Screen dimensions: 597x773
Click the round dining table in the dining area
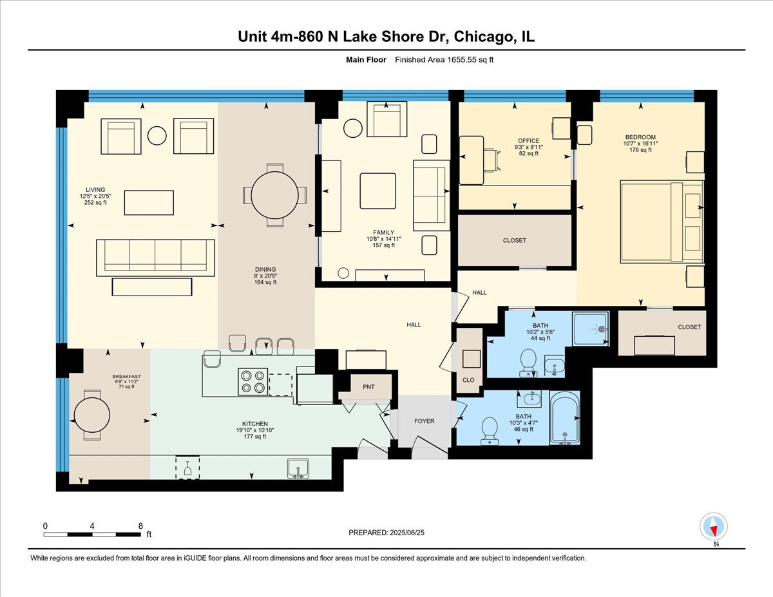[x=275, y=194]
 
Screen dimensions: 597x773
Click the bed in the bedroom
[x=662, y=222]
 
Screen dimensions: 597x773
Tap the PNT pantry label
[x=368, y=387]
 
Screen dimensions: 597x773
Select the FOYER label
[x=424, y=421]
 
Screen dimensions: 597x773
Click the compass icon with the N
[x=714, y=527]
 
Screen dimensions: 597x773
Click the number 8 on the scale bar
[x=140, y=526]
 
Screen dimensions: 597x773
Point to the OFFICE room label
[x=528, y=140]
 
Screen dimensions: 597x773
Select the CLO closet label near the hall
[x=468, y=380]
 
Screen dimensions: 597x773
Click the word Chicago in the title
[x=483, y=37]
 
